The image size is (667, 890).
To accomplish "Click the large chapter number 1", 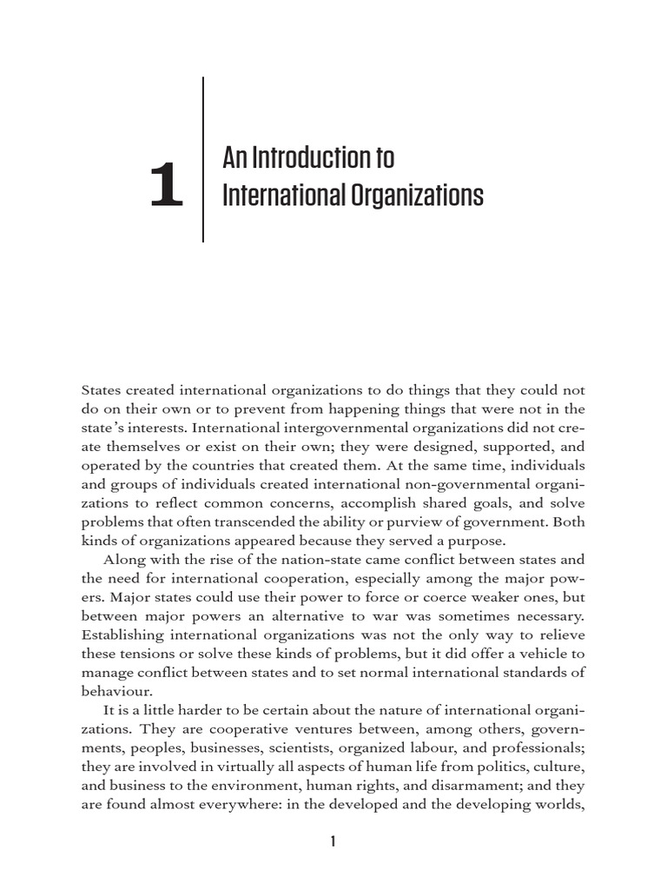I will pos(167,189).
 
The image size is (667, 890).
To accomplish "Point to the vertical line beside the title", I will pos(203,160).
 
